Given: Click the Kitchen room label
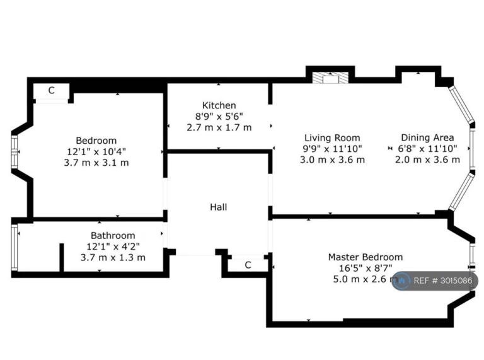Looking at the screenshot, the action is coord(219,105).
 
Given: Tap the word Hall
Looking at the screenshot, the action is coord(219,207).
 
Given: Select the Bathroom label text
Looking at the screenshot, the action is coord(113,236).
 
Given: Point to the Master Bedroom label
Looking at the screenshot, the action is coord(366,257).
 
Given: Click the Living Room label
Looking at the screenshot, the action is coord(333,137).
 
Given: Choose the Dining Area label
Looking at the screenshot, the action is coord(427,137).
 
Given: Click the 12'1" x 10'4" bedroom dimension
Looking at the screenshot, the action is coord(96,151).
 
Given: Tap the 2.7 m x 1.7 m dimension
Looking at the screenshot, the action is coord(219,127).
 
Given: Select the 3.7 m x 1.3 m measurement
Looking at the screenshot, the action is coord(113,257).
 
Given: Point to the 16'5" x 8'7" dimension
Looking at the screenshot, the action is coord(366,268).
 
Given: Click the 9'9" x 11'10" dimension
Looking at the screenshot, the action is coord(333,149).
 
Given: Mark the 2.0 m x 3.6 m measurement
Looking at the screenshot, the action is coord(427,160).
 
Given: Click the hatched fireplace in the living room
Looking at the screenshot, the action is coord(331,78).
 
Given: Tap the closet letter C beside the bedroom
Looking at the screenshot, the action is coord(52,90).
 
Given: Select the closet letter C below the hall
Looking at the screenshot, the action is coord(248,265).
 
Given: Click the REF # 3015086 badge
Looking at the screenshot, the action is coord(435,281).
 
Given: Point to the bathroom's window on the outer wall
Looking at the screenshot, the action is coord(14,248).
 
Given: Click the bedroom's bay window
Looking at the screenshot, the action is coord(14,152).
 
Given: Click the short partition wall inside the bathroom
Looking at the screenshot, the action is coord(62,258).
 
